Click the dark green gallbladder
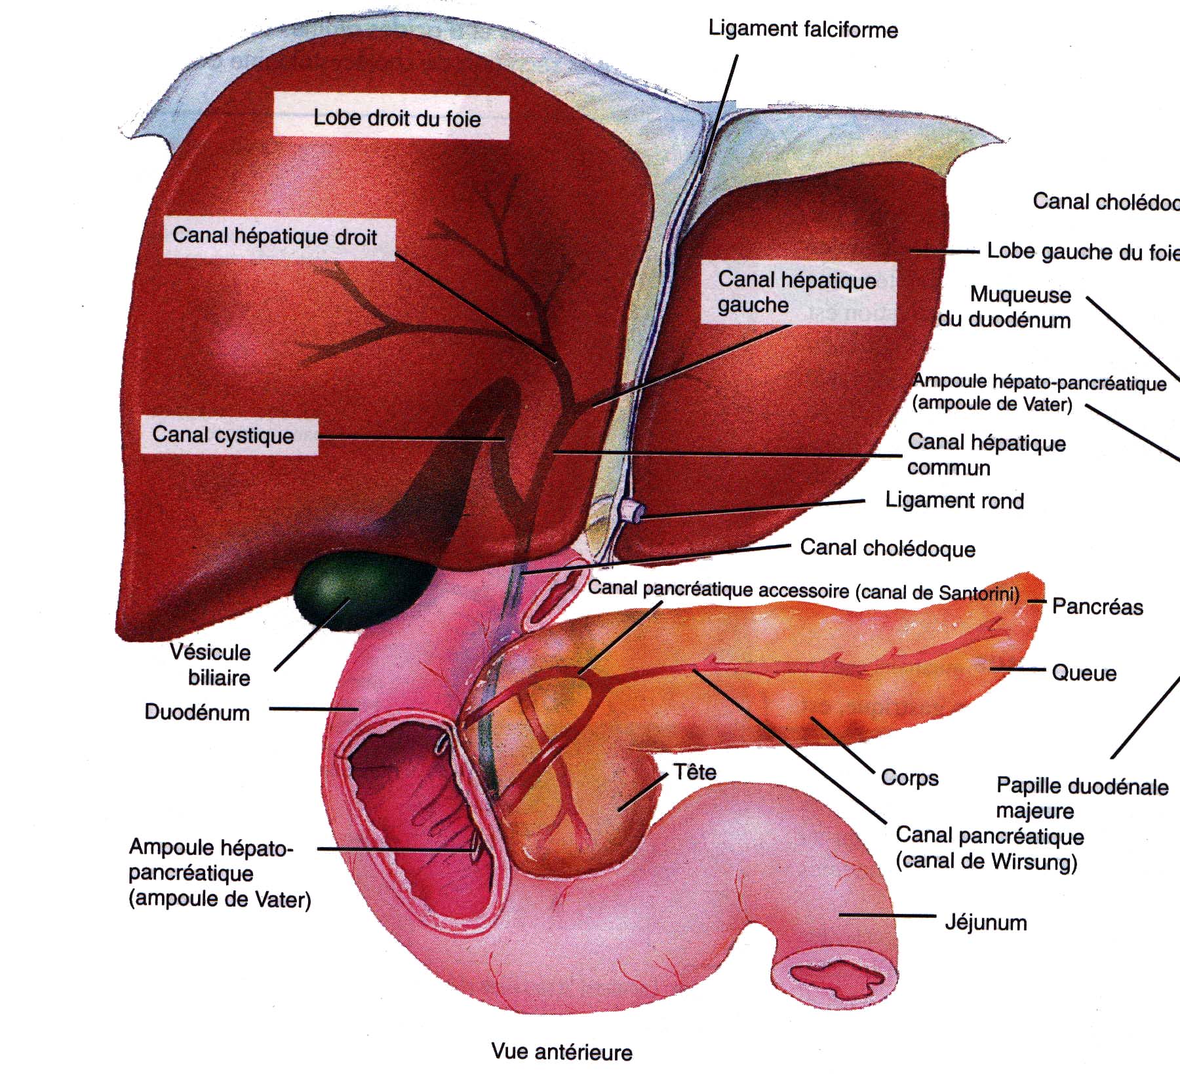(x=363, y=590)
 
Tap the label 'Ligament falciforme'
(x=803, y=29)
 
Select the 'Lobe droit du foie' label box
(x=391, y=117)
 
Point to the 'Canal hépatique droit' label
(x=279, y=237)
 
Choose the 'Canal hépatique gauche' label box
(x=798, y=292)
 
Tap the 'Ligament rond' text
(x=954, y=501)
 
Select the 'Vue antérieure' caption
(x=562, y=1052)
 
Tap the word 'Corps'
(x=909, y=778)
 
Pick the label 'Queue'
(x=1084, y=673)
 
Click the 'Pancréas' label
(x=1097, y=607)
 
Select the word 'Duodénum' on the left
(x=197, y=712)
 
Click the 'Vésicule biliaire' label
(x=210, y=664)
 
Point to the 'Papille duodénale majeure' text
(x=1082, y=798)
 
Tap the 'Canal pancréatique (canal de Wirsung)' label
(x=989, y=848)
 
